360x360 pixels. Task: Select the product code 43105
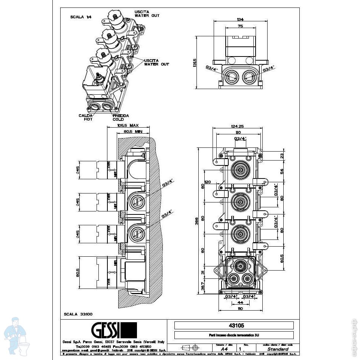(234, 325)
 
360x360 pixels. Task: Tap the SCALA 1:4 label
(80, 17)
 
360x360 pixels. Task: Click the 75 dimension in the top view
(240, 26)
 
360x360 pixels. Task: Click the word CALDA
(85, 115)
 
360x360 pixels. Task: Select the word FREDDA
(121, 115)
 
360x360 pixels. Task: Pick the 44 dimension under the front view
(240, 302)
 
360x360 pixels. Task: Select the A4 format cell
(224, 349)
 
